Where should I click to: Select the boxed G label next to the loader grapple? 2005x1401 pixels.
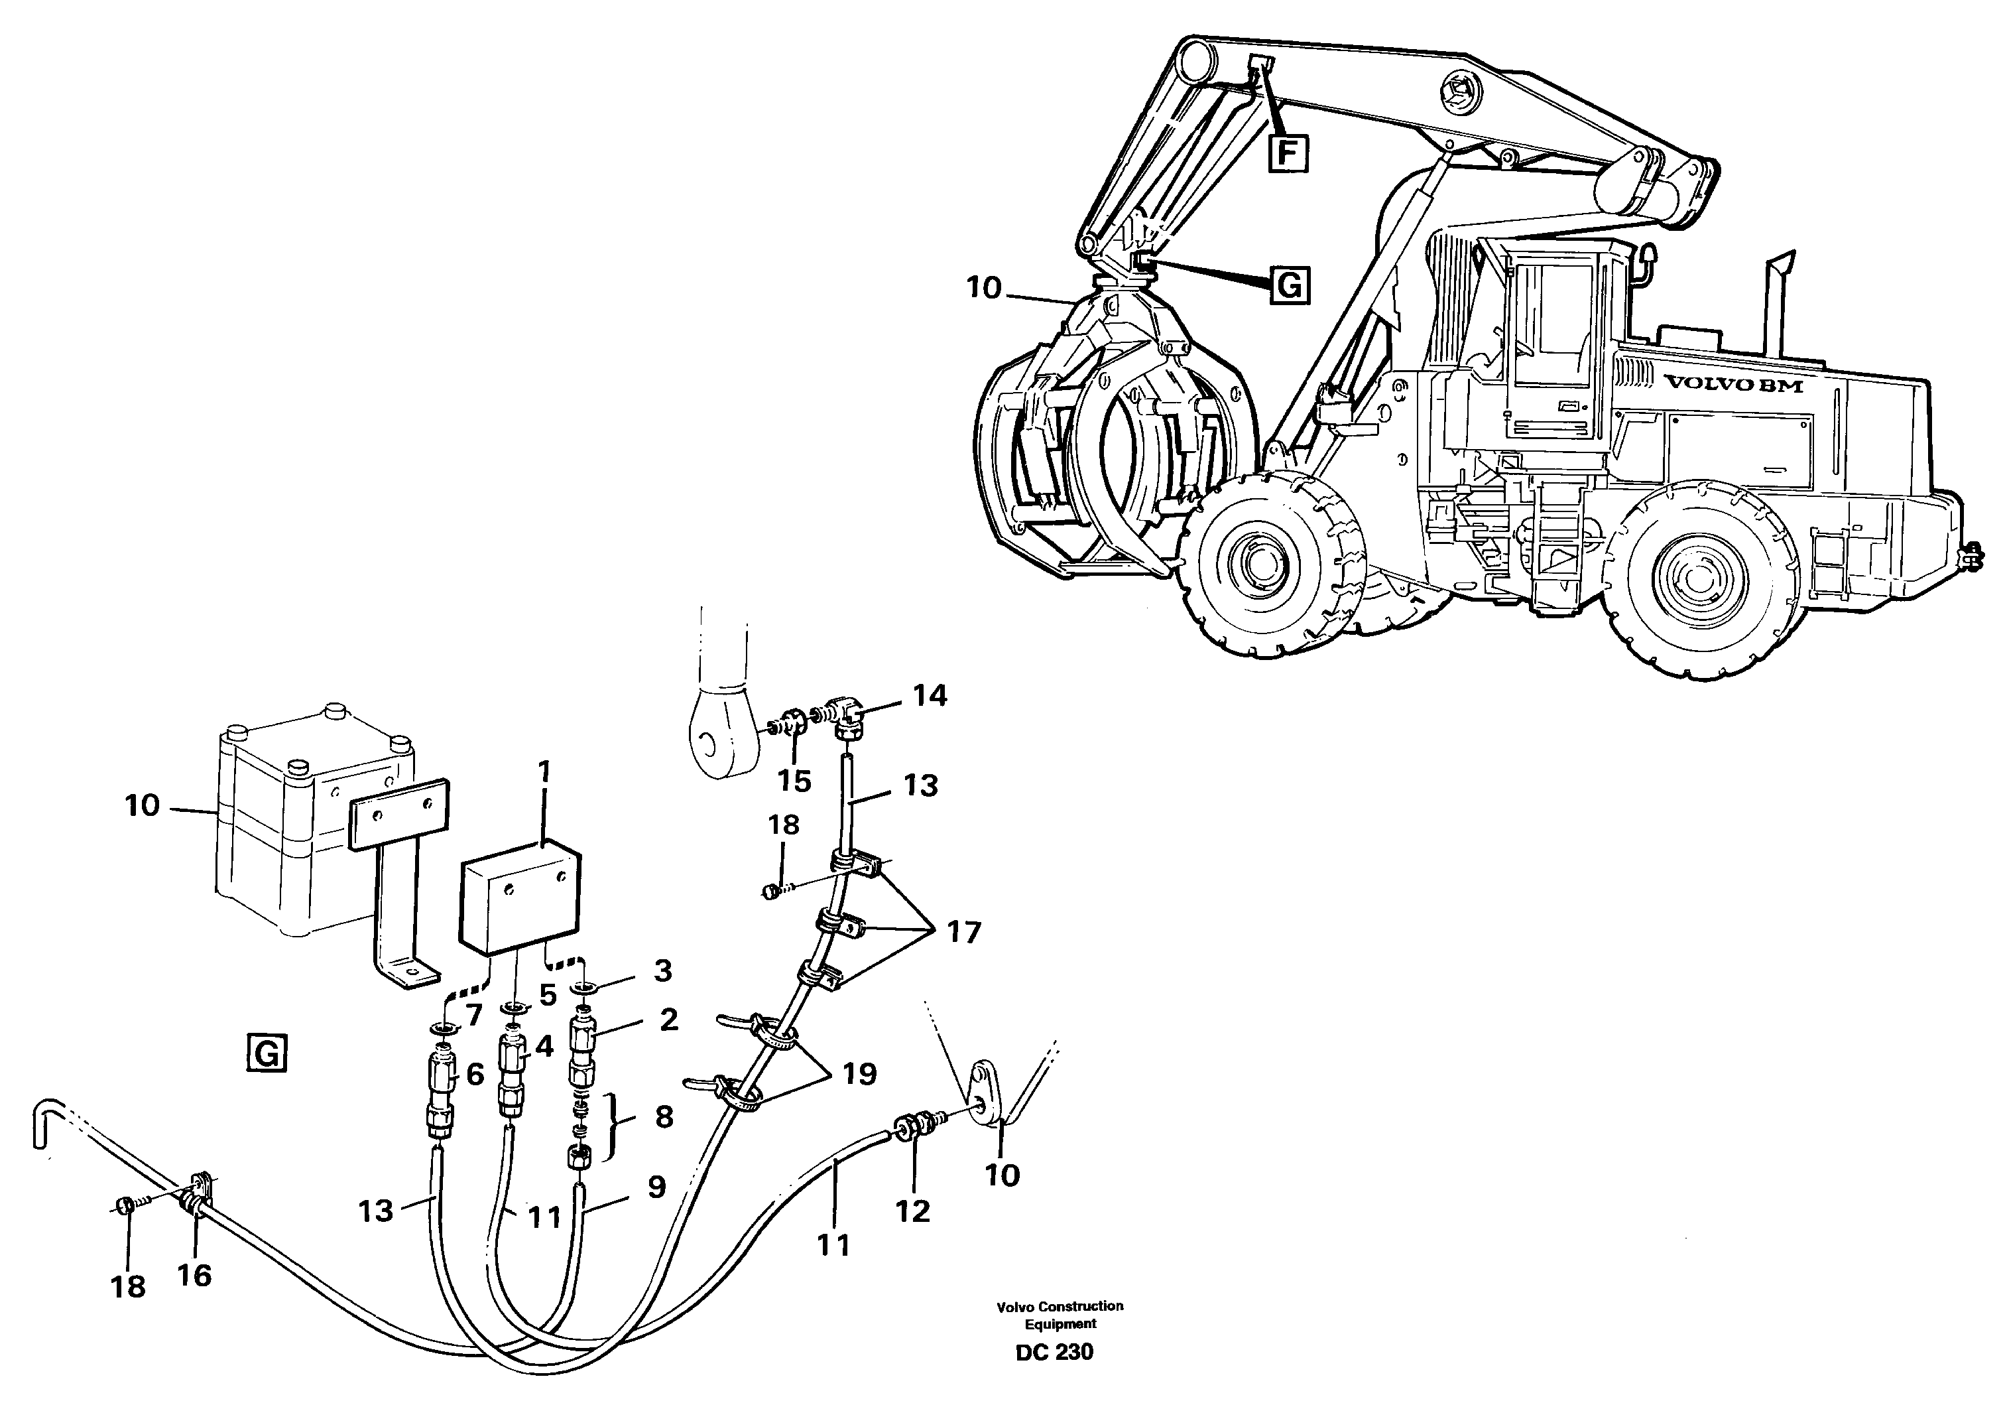click(1290, 285)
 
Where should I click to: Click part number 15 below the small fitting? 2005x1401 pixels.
click(795, 780)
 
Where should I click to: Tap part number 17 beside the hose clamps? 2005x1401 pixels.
click(964, 932)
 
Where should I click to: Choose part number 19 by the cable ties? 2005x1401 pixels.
click(859, 1073)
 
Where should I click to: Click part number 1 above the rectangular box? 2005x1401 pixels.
click(544, 772)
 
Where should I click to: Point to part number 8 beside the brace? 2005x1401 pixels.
click(664, 1116)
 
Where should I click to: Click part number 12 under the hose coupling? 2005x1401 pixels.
click(914, 1211)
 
